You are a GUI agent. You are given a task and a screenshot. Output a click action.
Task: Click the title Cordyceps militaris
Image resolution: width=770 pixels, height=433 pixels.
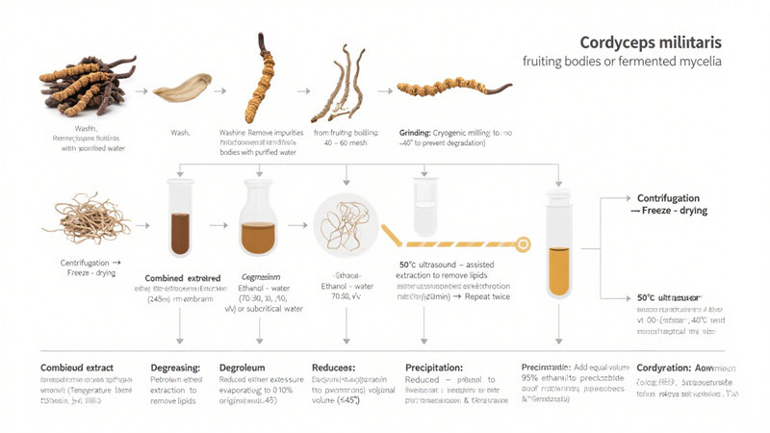tap(645, 43)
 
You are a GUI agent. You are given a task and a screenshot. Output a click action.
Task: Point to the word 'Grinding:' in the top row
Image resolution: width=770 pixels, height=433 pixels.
tap(420, 132)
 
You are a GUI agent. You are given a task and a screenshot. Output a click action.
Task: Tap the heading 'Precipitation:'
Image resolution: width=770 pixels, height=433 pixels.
tap(435, 368)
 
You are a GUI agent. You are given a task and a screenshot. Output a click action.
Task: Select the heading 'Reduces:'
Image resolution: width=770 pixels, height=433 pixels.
tap(334, 368)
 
